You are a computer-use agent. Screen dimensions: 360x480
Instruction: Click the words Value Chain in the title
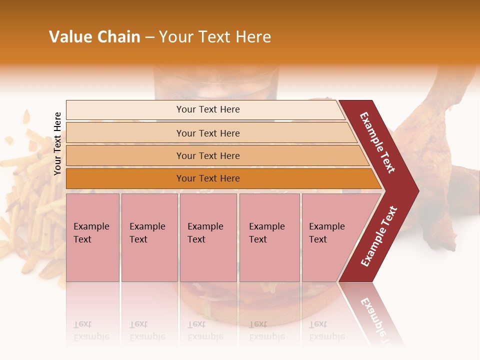[x=94, y=37]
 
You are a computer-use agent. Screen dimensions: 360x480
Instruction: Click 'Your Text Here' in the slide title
[x=215, y=37]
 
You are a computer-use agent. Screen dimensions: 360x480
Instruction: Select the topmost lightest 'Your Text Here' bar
[x=208, y=109]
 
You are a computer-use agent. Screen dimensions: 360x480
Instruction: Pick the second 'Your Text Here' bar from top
[x=208, y=133]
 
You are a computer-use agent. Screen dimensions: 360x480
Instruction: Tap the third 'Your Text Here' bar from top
[x=208, y=156]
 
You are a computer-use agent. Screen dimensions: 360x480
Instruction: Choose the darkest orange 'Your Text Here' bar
[x=208, y=178]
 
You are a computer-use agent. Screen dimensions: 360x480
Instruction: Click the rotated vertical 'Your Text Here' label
[x=57, y=143]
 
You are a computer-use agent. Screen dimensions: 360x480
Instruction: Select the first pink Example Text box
[x=92, y=237]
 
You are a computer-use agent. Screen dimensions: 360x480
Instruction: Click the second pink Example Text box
[x=149, y=237]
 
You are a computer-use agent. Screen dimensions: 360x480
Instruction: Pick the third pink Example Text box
[x=208, y=237]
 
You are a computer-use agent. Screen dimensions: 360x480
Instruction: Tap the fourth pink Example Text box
[x=269, y=237]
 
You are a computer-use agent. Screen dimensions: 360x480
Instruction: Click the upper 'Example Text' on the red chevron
[x=377, y=142]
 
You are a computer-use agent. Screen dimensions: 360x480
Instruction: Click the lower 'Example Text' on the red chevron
[x=379, y=236]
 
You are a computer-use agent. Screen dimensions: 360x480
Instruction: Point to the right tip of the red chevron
[x=417, y=190]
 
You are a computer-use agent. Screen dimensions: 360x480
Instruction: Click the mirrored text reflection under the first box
[x=91, y=330]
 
